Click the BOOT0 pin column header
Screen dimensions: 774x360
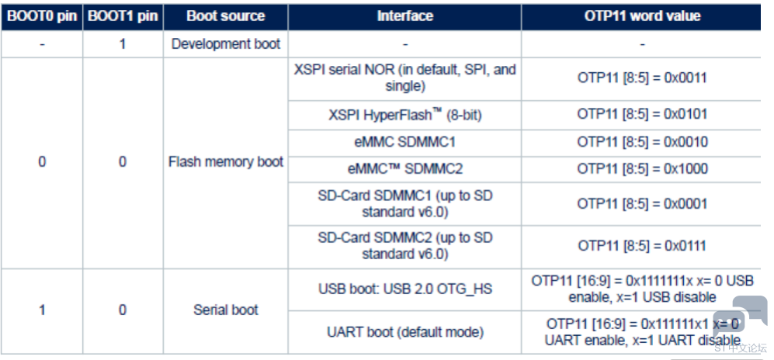pyautogui.click(x=41, y=16)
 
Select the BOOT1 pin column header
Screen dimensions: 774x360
pyautogui.click(x=123, y=16)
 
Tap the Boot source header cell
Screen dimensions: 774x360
pyautogui.click(x=226, y=16)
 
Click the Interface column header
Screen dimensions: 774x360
pyautogui.click(x=404, y=16)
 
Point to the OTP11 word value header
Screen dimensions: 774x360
pyautogui.click(x=642, y=16)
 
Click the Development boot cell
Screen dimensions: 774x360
pyautogui.click(x=226, y=44)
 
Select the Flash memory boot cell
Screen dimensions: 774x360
pyautogui.click(x=226, y=161)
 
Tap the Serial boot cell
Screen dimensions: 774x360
pyautogui.click(x=226, y=310)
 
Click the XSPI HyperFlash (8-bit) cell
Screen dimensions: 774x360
pyautogui.click(x=404, y=115)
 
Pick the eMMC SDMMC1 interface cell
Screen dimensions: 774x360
pyautogui.click(x=404, y=143)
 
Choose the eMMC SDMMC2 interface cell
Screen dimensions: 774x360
pyautogui.click(x=404, y=169)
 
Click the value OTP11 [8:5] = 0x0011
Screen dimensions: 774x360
pyautogui.click(x=642, y=78)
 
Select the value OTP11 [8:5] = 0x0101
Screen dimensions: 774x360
pyautogui.click(x=642, y=114)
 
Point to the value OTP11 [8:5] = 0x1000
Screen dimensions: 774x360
pyautogui.click(x=642, y=169)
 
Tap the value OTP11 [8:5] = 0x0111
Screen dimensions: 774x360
pyautogui.click(x=642, y=246)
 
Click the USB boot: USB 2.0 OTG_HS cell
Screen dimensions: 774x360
pyautogui.click(x=404, y=289)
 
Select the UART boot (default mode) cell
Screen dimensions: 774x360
pyautogui.click(x=404, y=332)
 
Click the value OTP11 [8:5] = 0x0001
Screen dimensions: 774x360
pyautogui.click(x=642, y=204)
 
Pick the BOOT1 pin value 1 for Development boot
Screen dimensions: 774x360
pyautogui.click(x=123, y=44)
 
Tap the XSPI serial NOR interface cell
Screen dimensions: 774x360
pyautogui.click(x=404, y=78)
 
